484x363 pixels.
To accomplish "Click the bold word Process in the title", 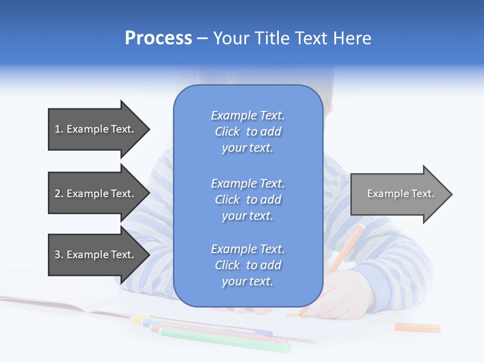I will [x=158, y=38].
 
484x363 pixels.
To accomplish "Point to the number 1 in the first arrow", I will [x=58, y=129].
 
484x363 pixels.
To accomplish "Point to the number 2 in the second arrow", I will [x=58, y=194].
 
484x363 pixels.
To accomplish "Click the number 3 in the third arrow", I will [x=58, y=255].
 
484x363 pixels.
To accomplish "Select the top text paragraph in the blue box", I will [x=248, y=132].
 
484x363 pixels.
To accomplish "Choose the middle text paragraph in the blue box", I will [x=248, y=200].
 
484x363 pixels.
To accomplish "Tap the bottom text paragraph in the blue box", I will [x=248, y=265].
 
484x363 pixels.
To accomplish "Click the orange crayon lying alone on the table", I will [x=417, y=328].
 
